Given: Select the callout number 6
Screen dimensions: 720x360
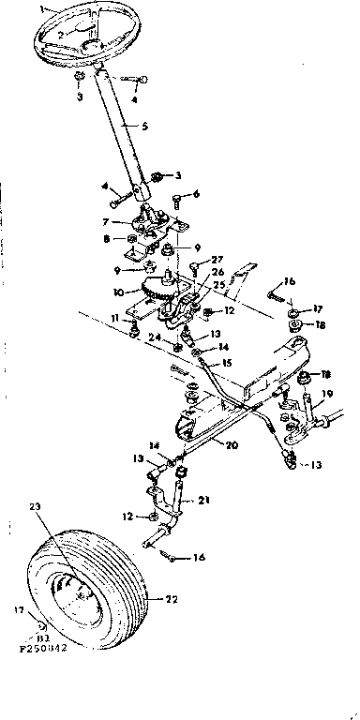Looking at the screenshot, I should (x=197, y=193).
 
